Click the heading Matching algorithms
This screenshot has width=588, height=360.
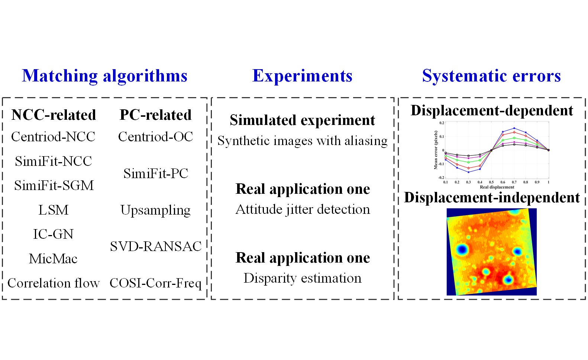[x=104, y=76]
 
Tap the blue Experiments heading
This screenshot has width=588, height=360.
[x=302, y=76]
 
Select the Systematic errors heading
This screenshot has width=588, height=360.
[x=491, y=76]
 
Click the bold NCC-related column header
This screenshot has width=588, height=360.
[x=54, y=115]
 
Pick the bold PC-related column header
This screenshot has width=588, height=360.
[x=155, y=115]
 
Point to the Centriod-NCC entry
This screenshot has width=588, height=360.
[x=53, y=136]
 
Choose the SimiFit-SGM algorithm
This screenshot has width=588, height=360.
[x=54, y=185]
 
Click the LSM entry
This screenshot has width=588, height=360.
[x=54, y=210]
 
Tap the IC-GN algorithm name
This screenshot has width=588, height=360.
[x=53, y=234]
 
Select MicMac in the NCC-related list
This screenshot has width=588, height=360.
[x=53, y=258]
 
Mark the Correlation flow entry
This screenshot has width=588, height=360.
[x=54, y=283]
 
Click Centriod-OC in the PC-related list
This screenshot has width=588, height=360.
[x=155, y=136]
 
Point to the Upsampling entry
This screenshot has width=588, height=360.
[x=155, y=210]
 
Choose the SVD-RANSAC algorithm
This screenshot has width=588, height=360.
[x=156, y=246]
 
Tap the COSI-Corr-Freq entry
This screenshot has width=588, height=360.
[x=155, y=283]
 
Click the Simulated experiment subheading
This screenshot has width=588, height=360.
[x=302, y=120]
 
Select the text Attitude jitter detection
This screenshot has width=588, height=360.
[x=303, y=209]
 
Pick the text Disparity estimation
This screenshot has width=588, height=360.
[x=302, y=278]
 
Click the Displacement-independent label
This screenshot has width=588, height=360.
[x=492, y=197]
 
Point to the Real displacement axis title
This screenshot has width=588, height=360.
[x=497, y=187]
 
